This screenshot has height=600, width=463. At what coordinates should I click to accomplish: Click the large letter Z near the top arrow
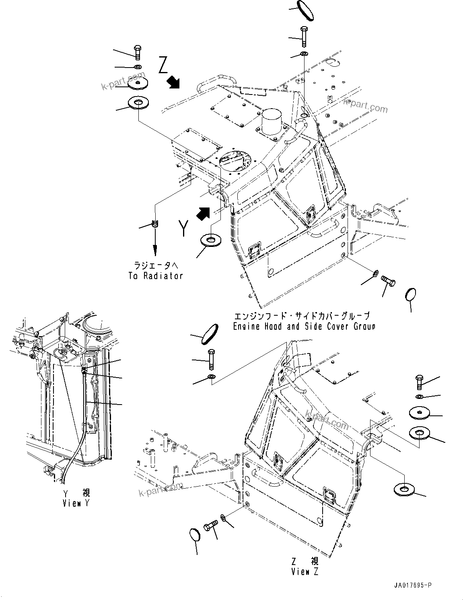click(163, 65)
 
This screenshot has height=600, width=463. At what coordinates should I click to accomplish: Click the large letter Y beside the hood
click(183, 228)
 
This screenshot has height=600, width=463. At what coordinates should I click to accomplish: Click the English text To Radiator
click(156, 276)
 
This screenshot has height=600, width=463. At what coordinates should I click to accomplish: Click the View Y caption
click(76, 503)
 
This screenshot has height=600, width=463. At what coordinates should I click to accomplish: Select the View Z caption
click(305, 572)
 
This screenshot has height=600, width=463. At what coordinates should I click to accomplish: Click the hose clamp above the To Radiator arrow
click(155, 224)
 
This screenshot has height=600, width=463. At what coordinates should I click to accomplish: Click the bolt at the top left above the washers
click(138, 51)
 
